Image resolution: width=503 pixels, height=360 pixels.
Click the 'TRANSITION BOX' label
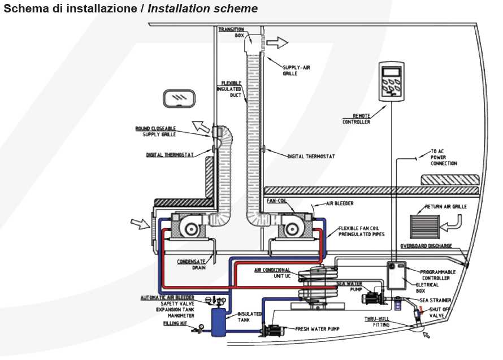231,32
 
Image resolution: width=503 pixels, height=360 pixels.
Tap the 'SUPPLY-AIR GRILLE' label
297,70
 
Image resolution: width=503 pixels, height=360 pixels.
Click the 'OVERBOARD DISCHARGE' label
425,246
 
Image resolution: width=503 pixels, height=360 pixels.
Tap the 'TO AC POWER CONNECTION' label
444,157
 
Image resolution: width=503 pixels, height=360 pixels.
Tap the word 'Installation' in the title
179,9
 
